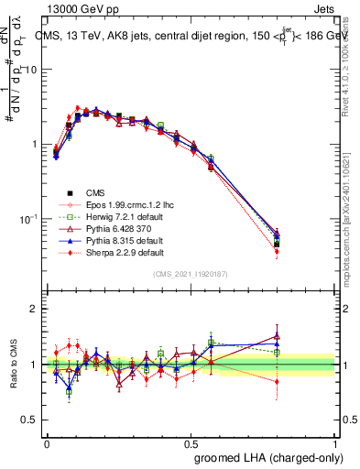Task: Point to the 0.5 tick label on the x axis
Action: (191, 442)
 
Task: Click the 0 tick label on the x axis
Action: (47, 442)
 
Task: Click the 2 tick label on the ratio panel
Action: (34, 309)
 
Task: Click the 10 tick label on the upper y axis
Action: (30, 71)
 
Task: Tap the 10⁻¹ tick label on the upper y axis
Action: (27, 219)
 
